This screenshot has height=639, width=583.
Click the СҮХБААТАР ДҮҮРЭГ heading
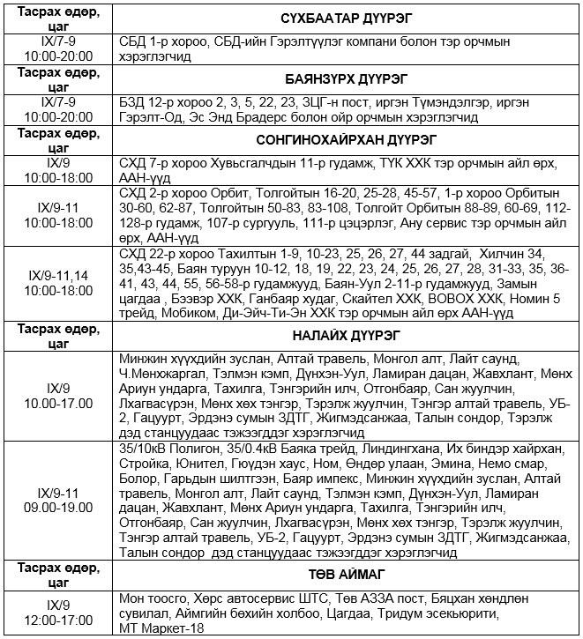click(x=348, y=18)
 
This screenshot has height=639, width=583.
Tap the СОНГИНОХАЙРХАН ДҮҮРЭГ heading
click(x=348, y=140)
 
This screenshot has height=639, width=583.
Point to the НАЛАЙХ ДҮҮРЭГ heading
click(x=348, y=335)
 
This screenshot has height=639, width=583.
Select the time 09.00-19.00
click(x=58, y=507)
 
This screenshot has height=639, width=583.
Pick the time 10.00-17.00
click(x=58, y=404)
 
